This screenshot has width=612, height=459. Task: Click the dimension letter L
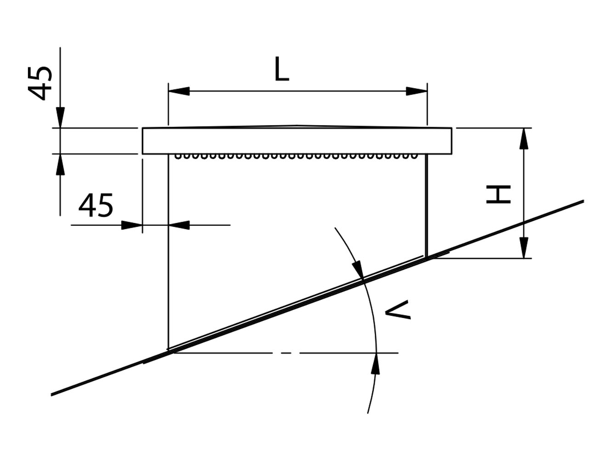click(x=281, y=69)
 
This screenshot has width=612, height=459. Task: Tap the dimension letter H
click(x=498, y=194)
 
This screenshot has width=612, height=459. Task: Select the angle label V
click(x=398, y=310)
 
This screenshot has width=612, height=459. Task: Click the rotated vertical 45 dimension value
click(x=40, y=84)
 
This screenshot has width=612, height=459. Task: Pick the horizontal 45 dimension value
click(x=95, y=205)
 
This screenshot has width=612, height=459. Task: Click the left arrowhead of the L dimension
click(x=179, y=91)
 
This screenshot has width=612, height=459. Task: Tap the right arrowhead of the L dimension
click(x=416, y=91)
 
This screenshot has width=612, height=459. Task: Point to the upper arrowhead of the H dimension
click(x=523, y=139)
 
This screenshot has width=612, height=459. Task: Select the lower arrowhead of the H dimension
click(x=523, y=247)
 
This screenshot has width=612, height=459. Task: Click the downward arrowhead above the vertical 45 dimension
click(x=60, y=118)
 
